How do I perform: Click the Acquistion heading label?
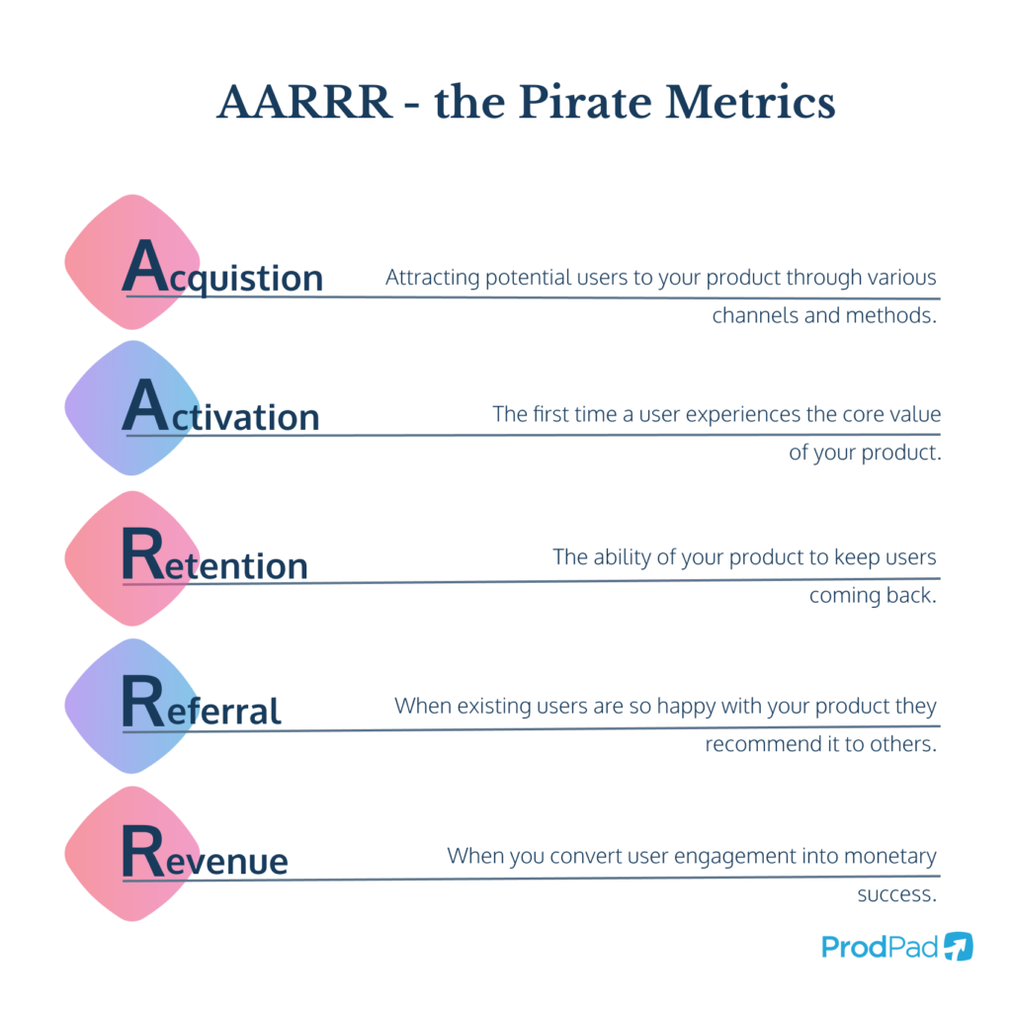[223, 270]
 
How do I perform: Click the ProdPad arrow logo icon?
[958, 946]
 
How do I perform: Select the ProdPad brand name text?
[880, 947]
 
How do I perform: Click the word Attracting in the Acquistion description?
[432, 278]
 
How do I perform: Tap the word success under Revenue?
[895, 894]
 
